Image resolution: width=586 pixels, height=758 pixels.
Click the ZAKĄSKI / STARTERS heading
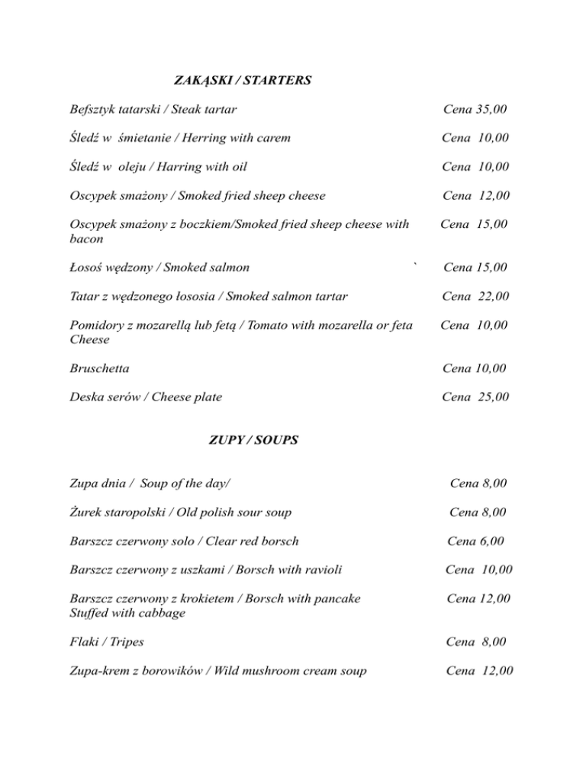[x=242, y=80]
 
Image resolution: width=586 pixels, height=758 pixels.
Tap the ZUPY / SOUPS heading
[x=253, y=440]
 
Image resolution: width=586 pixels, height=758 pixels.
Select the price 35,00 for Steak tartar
[x=489, y=110]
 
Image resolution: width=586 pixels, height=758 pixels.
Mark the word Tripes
[x=127, y=642]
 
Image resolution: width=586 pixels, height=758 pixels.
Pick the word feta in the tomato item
[x=397, y=326]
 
